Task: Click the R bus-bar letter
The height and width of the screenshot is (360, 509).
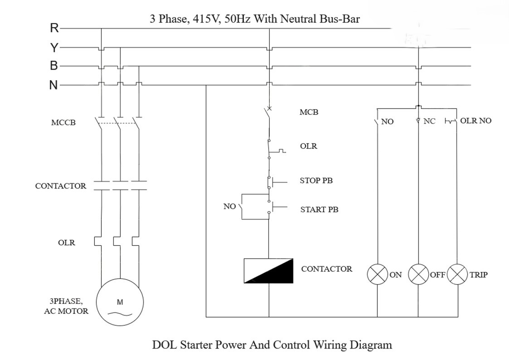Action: point(54,28)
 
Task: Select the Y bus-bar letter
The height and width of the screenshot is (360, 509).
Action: point(54,47)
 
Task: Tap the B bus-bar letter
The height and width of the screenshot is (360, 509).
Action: point(54,66)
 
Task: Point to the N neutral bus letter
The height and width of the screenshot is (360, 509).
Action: point(54,85)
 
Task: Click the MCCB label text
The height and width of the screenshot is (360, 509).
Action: point(63,122)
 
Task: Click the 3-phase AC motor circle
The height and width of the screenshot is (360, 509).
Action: point(120,302)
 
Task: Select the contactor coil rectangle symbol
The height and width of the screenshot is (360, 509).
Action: point(269,271)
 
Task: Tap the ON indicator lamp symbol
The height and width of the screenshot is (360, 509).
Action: point(377,275)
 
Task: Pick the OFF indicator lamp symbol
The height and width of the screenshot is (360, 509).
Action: point(418,275)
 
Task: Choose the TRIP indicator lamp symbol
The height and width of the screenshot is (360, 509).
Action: point(457,275)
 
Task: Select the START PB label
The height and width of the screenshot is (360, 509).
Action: point(319,209)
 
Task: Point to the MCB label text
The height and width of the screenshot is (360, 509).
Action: point(309,112)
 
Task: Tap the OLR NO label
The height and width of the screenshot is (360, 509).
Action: point(475,121)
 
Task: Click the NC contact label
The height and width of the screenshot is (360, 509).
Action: point(429,122)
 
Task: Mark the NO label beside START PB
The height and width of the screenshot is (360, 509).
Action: point(230,207)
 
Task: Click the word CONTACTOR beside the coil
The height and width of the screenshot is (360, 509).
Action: point(326,269)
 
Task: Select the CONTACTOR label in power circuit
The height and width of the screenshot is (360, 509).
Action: point(60,186)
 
